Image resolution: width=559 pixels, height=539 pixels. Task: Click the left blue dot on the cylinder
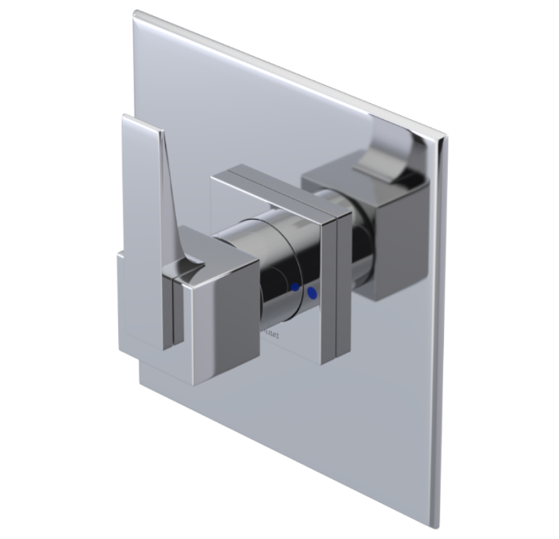[295, 287]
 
